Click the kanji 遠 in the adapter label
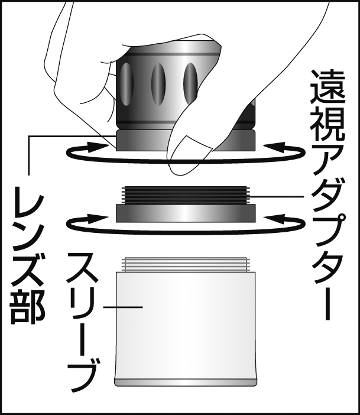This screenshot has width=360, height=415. (327, 86)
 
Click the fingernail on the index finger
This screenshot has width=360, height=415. (191, 148)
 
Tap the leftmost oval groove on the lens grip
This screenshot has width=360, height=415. (127, 85)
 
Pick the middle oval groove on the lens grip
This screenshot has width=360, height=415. (158, 85)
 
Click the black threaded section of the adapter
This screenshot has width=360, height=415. (186, 195)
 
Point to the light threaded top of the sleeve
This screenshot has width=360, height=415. (186, 265)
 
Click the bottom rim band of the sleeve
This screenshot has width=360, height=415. (186, 382)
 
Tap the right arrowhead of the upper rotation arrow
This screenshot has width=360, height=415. (276, 147)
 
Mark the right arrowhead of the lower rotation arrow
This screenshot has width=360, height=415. (276, 219)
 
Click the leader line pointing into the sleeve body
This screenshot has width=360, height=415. (123, 307)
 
